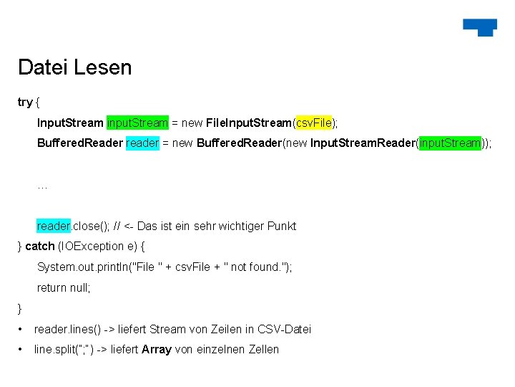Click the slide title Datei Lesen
click(x=75, y=67)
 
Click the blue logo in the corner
click(x=479, y=27)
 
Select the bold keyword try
click(x=25, y=102)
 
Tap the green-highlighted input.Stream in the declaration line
click(x=137, y=123)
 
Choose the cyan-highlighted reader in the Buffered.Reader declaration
click(x=142, y=143)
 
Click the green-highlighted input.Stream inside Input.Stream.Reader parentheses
click(x=451, y=143)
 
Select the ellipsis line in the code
click(x=41, y=185)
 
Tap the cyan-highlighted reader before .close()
click(x=53, y=226)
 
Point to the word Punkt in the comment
click(x=281, y=226)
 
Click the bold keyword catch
click(x=39, y=246)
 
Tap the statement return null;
click(x=64, y=287)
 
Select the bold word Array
click(x=157, y=349)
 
